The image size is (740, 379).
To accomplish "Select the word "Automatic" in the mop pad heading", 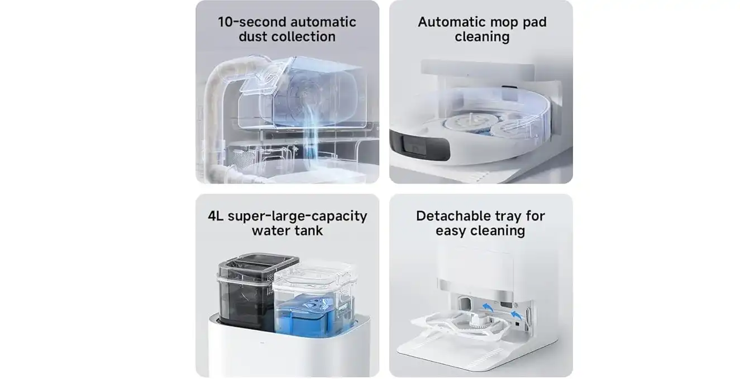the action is pos(450,22).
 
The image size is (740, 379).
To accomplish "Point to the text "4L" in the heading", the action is pos(216,216).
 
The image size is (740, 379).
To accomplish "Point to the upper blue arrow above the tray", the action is pos(487,308).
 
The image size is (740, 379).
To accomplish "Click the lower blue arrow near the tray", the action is pos(516,315).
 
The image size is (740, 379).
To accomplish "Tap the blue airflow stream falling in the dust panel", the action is pos(311,132).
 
